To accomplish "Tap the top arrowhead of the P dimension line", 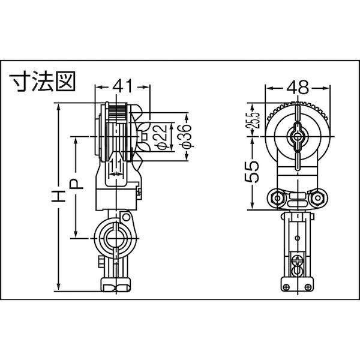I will (x=76, y=140).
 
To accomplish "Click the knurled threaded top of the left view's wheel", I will (x=118, y=110).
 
